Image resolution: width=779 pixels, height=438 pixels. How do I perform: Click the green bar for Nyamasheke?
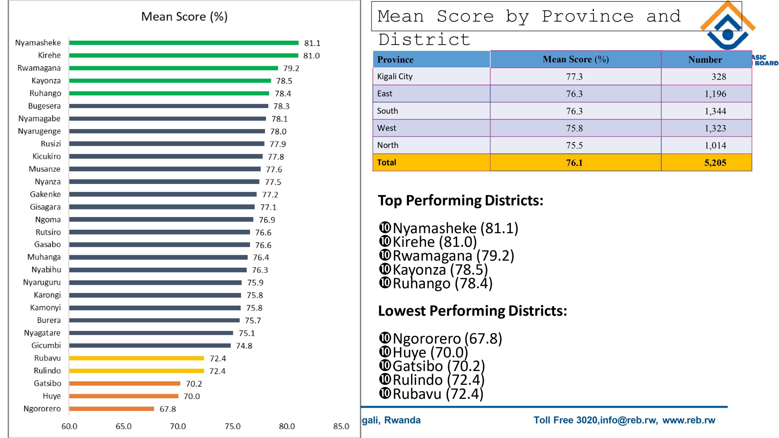point(184,43)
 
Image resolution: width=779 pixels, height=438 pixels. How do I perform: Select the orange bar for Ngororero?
point(111,409)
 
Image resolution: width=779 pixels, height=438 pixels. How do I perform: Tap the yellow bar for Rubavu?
point(136,358)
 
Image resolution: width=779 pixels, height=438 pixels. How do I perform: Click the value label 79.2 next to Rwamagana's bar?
point(291,68)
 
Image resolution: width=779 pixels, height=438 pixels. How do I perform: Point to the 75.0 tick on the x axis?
point(232,426)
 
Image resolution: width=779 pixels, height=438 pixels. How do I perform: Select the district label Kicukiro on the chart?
point(47,156)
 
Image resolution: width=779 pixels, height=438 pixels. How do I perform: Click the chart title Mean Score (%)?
point(184,16)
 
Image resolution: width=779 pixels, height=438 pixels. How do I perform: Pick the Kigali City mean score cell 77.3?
point(574,77)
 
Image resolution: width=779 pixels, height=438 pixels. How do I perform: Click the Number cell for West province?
point(715,128)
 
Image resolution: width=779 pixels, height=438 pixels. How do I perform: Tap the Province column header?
point(395,60)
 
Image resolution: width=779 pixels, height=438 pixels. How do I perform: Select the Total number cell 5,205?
point(715,163)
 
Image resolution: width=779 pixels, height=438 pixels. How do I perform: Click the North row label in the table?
point(388,145)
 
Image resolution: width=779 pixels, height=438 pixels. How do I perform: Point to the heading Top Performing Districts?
point(460,200)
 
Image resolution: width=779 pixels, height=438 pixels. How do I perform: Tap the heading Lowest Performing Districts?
point(472,311)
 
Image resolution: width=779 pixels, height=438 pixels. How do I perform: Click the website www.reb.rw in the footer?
point(689,420)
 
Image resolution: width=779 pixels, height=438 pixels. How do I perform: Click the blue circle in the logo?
point(728,34)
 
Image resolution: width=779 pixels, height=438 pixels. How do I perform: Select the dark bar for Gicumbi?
point(150,346)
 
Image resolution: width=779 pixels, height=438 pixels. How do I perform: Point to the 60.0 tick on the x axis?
point(69,426)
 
